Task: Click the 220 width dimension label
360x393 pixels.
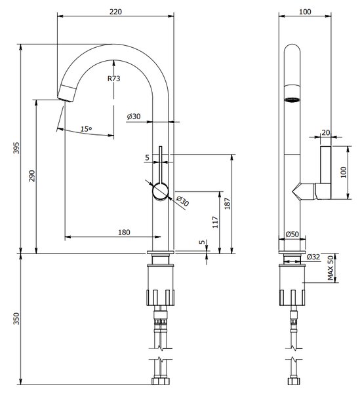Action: pyautogui.click(x=115, y=12)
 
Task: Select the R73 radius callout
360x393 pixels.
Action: pyautogui.click(x=114, y=79)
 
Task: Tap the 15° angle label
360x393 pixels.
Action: pyautogui.click(x=87, y=129)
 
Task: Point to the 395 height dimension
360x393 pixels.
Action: pyautogui.click(x=16, y=148)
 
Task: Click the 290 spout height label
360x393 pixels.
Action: pyautogui.click(x=32, y=176)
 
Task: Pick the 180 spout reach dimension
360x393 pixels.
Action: pyautogui.click(x=124, y=233)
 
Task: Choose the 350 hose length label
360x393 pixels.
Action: pyautogui.click(x=16, y=318)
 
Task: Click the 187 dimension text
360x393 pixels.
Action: pyautogui.click(x=228, y=204)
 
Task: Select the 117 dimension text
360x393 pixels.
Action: pyautogui.click(x=215, y=222)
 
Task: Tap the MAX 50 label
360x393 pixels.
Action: pyautogui.click(x=331, y=268)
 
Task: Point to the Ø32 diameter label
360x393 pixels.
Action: pyautogui.click(x=313, y=257)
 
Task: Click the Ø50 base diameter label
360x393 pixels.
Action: pyautogui.click(x=292, y=234)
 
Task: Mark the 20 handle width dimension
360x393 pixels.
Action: pyautogui.click(x=326, y=132)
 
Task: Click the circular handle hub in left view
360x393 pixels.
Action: pyautogui.click(x=161, y=191)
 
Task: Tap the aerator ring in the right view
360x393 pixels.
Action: pyautogui.click(x=292, y=100)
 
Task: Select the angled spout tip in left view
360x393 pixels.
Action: pyautogui.click(x=67, y=93)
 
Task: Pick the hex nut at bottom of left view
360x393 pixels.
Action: pyautogui.click(x=161, y=381)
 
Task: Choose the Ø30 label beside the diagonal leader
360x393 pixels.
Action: pyautogui.click(x=182, y=201)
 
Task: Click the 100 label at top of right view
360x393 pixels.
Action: pyautogui.click(x=305, y=12)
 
